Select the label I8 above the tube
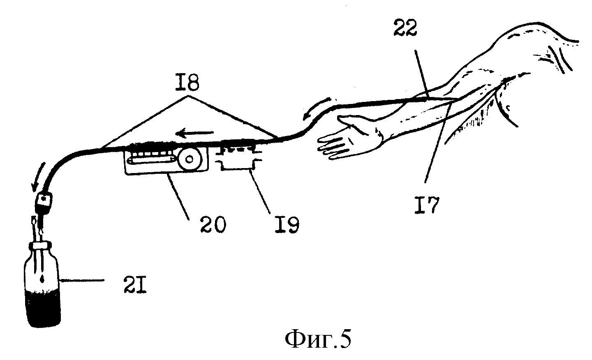pyautogui.click(x=189, y=83)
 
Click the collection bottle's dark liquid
pyautogui.click(x=42, y=308)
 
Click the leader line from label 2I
pyautogui.click(x=82, y=281)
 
